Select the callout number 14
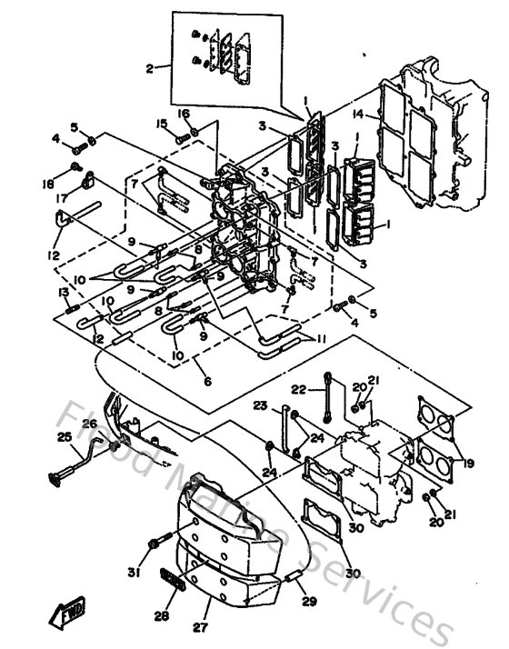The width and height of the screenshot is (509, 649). tap(359, 115)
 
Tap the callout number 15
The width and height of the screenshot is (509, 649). tap(161, 124)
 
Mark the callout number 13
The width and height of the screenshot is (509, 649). tap(64, 292)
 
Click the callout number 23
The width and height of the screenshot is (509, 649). tap(261, 405)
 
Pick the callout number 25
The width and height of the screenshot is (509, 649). tap(65, 437)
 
